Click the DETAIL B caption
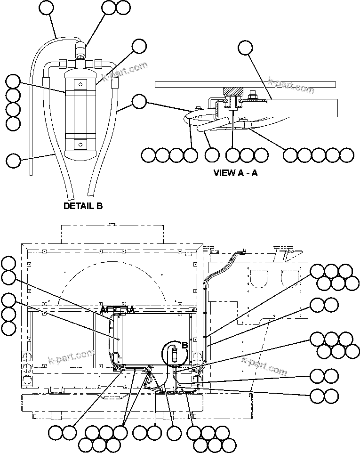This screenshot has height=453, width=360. [83, 206]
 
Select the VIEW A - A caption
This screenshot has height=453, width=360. [236, 173]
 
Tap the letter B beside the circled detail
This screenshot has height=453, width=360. [185, 345]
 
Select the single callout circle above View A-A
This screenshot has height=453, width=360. [245, 47]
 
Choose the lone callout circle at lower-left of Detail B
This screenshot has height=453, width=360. [14, 160]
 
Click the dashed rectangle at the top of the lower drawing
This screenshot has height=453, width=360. [112, 234]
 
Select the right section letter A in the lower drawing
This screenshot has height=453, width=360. [132, 309]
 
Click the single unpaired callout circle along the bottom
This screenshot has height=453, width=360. [174, 432]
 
